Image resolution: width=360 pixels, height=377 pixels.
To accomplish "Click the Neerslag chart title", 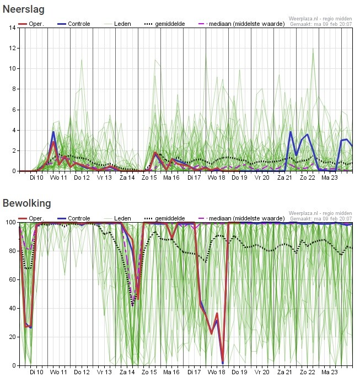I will click(x=24, y=9).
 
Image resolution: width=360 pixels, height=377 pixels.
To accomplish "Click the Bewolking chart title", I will click(x=26, y=203).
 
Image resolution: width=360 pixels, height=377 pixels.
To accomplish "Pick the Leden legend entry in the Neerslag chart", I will click(x=122, y=24).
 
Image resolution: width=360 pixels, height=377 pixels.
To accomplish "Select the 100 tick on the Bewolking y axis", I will click(x=11, y=222).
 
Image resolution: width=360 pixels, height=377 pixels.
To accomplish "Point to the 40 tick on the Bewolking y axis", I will click(x=13, y=308).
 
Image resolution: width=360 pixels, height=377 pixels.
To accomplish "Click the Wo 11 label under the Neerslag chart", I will click(x=58, y=178).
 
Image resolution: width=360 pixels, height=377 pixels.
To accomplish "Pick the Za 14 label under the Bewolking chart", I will click(x=127, y=372).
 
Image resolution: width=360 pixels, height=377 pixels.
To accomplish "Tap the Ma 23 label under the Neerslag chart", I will click(x=330, y=178).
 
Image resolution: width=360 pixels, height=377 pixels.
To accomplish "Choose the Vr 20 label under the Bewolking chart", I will click(x=262, y=372).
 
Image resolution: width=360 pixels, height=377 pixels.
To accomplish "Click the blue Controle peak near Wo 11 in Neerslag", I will click(x=53, y=132).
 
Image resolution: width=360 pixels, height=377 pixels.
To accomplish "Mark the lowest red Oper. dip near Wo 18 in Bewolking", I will click(x=223, y=362).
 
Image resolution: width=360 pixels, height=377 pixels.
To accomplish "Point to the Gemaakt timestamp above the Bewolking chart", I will click(x=320, y=218).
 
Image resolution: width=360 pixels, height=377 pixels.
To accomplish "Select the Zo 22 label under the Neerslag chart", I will click(x=307, y=178).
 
